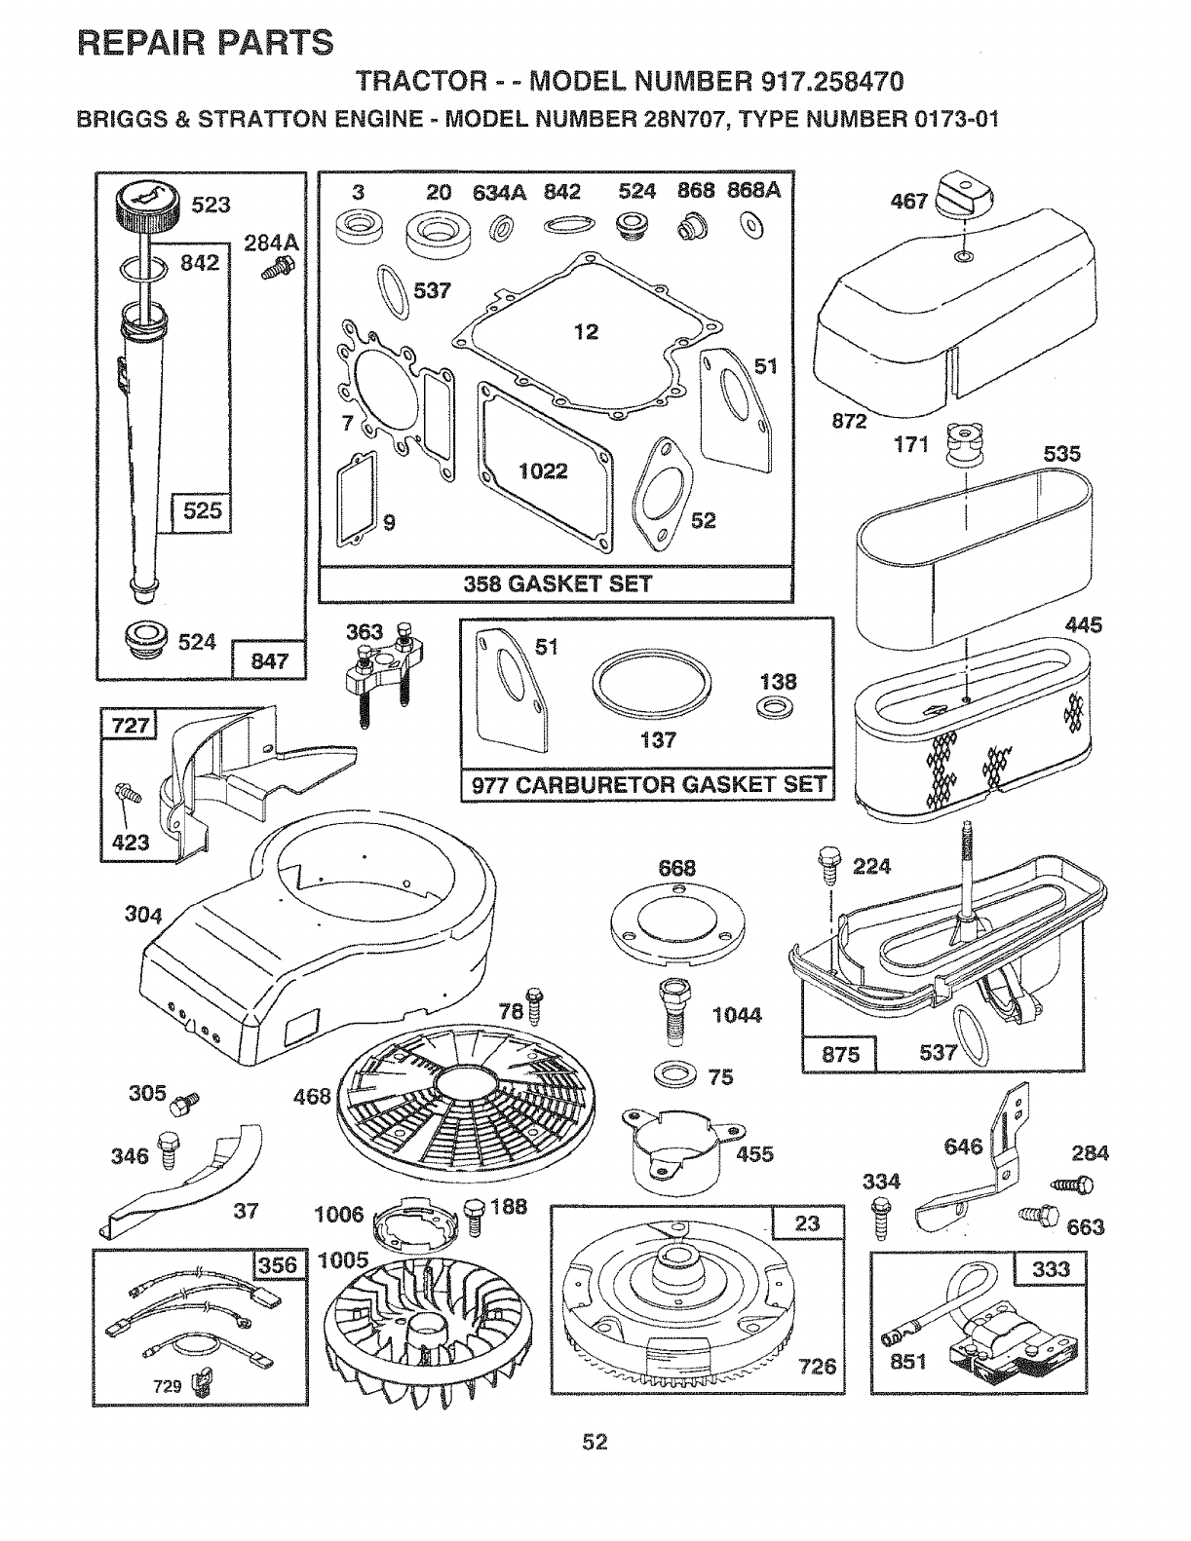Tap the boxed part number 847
tap(269, 661)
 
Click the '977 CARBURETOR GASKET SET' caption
tap(648, 785)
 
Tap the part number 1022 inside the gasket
tap(544, 471)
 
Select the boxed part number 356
tap(279, 1266)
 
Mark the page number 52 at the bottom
tap(595, 1441)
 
